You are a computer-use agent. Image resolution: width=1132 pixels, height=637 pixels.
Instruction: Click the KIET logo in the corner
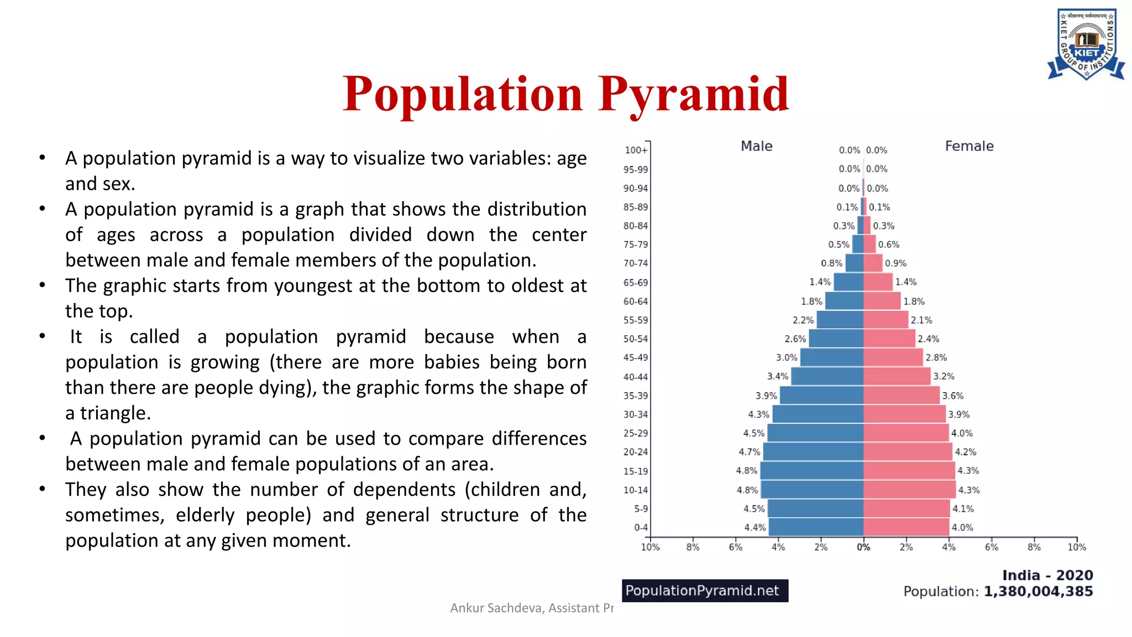[1086, 44]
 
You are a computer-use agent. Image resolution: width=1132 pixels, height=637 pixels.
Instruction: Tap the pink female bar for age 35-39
[901, 395]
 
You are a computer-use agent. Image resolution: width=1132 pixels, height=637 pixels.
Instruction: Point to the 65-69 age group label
[636, 283]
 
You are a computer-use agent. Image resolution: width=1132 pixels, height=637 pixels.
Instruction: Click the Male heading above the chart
[756, 146]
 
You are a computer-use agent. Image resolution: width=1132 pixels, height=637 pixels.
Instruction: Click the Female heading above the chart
[969, 146]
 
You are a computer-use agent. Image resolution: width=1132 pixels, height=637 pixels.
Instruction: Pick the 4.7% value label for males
[750, 452]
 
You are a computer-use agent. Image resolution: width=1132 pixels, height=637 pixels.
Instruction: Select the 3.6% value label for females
[953, 395]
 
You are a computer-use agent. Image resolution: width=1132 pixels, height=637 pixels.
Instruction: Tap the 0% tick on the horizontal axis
[863, 547]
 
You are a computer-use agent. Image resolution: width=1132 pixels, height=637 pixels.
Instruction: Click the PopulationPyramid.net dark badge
[705, 591]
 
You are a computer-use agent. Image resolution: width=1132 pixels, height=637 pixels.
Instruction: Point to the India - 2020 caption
[1047, 575]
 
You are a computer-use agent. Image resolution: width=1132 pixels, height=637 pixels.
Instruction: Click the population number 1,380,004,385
[1038, 591]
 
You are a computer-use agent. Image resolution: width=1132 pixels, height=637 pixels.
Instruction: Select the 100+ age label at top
[636, 150]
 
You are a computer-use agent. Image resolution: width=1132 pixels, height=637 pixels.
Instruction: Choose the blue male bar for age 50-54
[836, 338]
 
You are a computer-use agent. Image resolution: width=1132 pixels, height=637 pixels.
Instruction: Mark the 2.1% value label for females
[921, 320]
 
